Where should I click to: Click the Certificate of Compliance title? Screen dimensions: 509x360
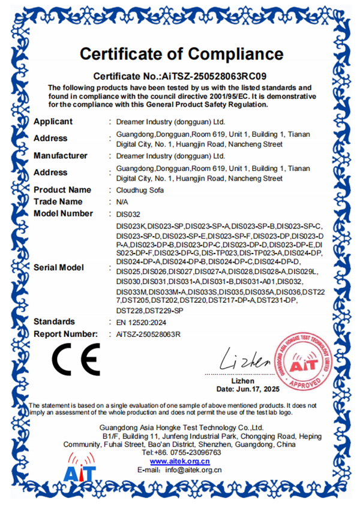pyautogui.click(x=182, y=54)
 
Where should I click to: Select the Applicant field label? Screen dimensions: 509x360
pyautogui.click(x=53, y=122)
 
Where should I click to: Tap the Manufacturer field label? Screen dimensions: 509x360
pyautogui.click(x=61, y=156)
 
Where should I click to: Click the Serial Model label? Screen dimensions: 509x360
pyautogui.click(x=59, y=267)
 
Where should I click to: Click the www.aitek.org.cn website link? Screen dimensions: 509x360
pyautogui.click(x=180, y=461)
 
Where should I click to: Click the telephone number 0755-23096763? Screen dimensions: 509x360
pyautogui.click(x=197, y=453)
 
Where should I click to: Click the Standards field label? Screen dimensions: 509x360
pyautogui.click(x=55, y=322)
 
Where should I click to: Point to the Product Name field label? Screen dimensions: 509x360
pyautogui.click(x=62, y=190)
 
